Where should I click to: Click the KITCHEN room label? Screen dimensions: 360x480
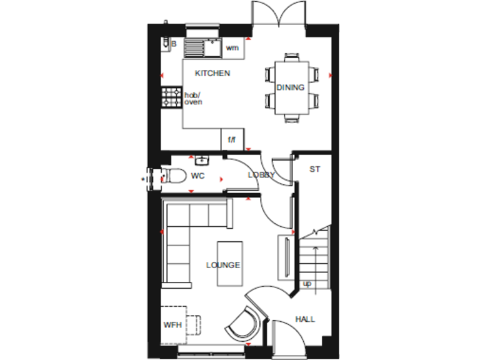pos(212,73)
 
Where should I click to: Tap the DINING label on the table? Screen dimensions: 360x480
pos(291,87)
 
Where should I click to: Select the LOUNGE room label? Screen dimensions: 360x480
pos(223,265)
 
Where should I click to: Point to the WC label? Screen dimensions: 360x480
pos(197,176)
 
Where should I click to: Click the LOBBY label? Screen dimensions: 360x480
pos(261,176)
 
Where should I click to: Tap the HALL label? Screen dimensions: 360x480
pos(305,319)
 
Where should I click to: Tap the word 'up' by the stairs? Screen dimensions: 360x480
pos(307,284)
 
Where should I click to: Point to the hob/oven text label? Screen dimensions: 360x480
pos(193,98)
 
